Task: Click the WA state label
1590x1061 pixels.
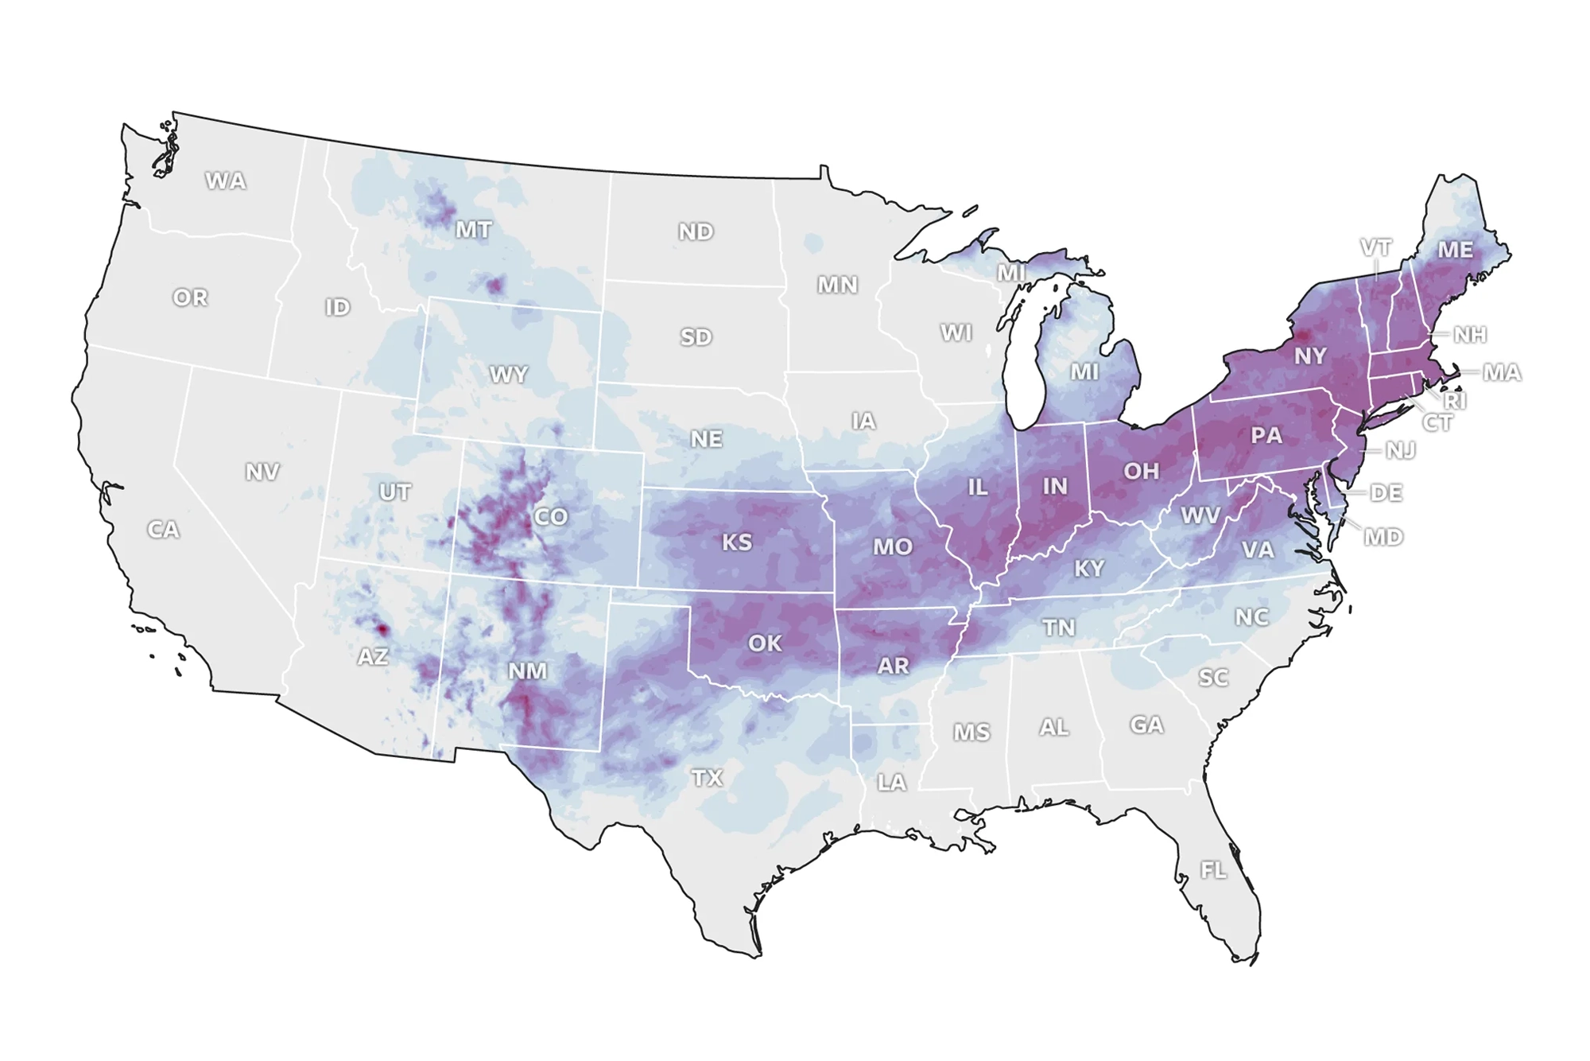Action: [x=226, y=181]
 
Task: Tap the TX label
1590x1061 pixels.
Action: [x=707, y=777]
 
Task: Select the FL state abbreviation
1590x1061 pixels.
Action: [x=1213, y=870]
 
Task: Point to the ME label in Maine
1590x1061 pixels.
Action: [x=1455, y=250]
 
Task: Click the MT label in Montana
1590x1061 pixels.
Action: [x=473, y=230]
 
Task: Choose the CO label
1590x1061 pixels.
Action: [x=550, y=517]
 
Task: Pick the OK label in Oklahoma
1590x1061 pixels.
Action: [x=765, y=643]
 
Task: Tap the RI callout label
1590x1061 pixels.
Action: [x=1455, y=401]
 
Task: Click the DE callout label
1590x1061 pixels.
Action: [x=1386, y=492]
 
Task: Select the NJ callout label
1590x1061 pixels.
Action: [x=1400, y=450]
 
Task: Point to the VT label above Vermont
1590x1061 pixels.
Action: [x=1375, y=247]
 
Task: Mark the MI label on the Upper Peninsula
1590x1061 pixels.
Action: [x=1011, y=273]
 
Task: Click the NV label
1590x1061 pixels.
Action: [x=262, y=472]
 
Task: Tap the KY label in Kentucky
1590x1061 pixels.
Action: [x=1089, y=568]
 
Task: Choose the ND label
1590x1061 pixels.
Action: [x=696, y=231]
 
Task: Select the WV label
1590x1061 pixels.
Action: [x=1200, y=515]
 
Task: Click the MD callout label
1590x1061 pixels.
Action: [x=1383, y=537]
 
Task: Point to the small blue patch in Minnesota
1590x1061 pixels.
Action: [x=812, y=243]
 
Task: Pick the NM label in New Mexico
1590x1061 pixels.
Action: [x=527, y=670]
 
